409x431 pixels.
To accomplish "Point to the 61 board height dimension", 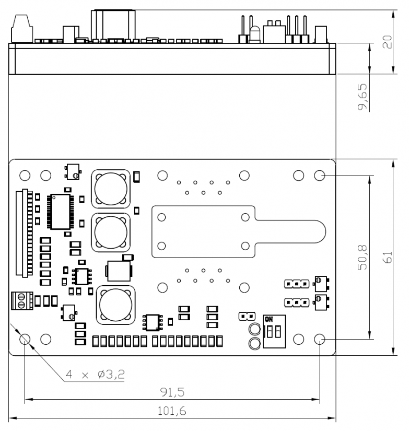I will coord(387,258).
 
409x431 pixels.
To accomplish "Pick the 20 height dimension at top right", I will coord(387,42).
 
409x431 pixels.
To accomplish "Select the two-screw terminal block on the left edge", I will coord(21,301).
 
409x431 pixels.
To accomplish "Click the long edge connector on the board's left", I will coord(21,233).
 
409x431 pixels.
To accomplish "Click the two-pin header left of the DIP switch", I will coord(246,316).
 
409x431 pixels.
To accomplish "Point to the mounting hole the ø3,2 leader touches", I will coord(25,339).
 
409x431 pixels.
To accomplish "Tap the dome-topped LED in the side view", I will coord(255,34).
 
